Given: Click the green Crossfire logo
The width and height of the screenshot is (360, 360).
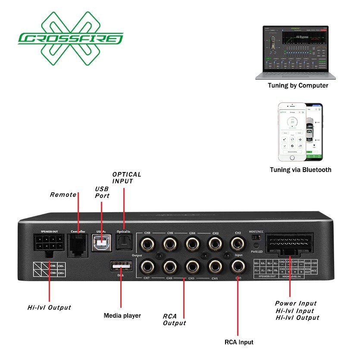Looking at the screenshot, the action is [70, 39].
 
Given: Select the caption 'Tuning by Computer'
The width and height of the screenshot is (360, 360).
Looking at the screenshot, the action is [297, 85].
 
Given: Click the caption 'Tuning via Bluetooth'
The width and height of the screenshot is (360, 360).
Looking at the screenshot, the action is [301, 169].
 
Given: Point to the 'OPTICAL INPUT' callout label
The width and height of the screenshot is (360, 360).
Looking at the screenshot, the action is [127, 178].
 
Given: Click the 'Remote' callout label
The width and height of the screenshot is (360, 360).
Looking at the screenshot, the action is [63, 194].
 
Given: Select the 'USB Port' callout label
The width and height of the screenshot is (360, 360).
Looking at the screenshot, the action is [102, 192].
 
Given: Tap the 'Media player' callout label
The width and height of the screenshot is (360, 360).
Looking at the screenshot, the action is [122, 316].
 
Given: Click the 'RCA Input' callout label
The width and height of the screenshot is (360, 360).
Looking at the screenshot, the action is [239, 342].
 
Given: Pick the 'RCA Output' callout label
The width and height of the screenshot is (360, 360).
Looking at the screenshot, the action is [174, 319].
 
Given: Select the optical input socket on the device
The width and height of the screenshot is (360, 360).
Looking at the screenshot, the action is [123, 244].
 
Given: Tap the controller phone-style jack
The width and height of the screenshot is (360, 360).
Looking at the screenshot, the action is [78, 244].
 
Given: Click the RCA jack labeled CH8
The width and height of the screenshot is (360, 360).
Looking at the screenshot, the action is [147, 244].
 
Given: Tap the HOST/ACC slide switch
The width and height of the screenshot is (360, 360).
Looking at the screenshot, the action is [257, 237].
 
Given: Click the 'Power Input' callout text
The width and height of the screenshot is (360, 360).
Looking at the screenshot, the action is [296, 303].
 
